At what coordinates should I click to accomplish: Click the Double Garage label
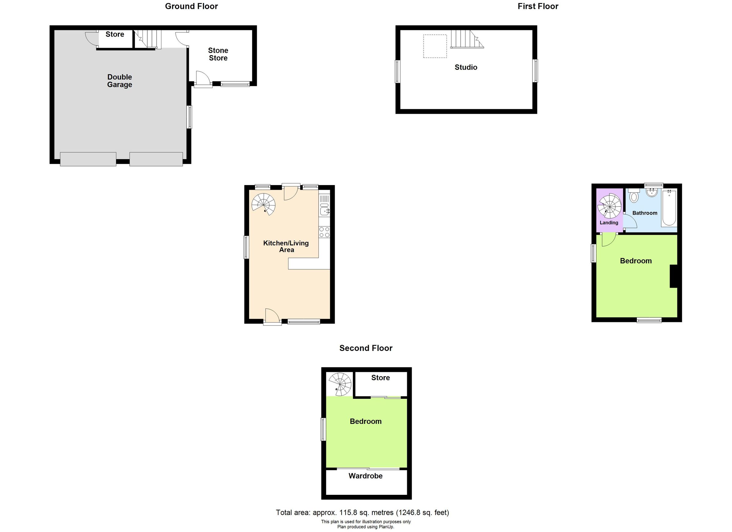pyautogui.click(x=120, y=81)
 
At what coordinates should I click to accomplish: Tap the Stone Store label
pyautogui.click(x=218, y=54)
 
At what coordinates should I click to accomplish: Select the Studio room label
pyautogui.click(x=466, y=67)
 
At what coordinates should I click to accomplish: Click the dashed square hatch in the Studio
pyautogui.click(x=435, y=46)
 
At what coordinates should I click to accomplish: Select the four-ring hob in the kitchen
pyautogui.click(x=324, y=232)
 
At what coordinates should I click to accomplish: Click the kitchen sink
pyautogui.click(x=324, y=211)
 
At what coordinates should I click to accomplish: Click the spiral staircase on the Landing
pyautogui.click(x=609, y=206)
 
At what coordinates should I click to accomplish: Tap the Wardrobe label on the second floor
pyautogui.click(x=365, y=476)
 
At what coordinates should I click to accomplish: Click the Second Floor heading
pyautogui.click(x=366, y=348)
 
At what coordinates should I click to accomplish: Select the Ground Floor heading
pyautogui.click(x=192, y=6)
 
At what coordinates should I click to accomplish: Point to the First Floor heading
pyautogui.click(x=538, y=6)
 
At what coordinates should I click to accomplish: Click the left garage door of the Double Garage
pyautogui.click(x=88, y=159)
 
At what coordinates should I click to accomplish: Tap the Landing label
pyautogui.click(x=609, y=223)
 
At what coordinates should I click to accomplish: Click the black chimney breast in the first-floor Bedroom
pyautogui.click(x=673, y=276)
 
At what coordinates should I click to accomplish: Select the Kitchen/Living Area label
pyautogui.click(x=286, y=246)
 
